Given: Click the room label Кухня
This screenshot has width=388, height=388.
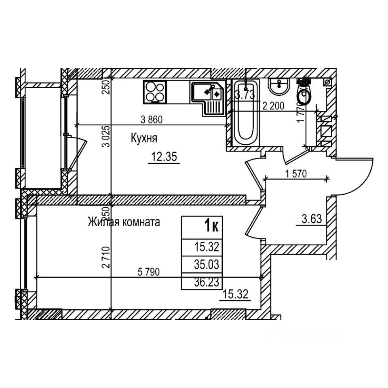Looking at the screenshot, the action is (x=143, y=139).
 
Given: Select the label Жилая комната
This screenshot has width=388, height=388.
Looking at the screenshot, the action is (x=124, y=222).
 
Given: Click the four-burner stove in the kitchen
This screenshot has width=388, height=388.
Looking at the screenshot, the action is (x=155, y=91).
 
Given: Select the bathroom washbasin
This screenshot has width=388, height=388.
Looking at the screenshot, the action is (x=279, y=86).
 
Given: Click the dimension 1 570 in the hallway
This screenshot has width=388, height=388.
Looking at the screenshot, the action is (x=296, y=174).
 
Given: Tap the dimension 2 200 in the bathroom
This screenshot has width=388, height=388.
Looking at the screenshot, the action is (x=274, y=107).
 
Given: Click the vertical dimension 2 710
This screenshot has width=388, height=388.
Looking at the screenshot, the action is (x=106, y=257).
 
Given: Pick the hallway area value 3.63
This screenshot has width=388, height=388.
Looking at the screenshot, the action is (x=311, y=220).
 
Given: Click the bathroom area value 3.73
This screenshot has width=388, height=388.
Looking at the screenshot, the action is (x=245, y=95).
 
